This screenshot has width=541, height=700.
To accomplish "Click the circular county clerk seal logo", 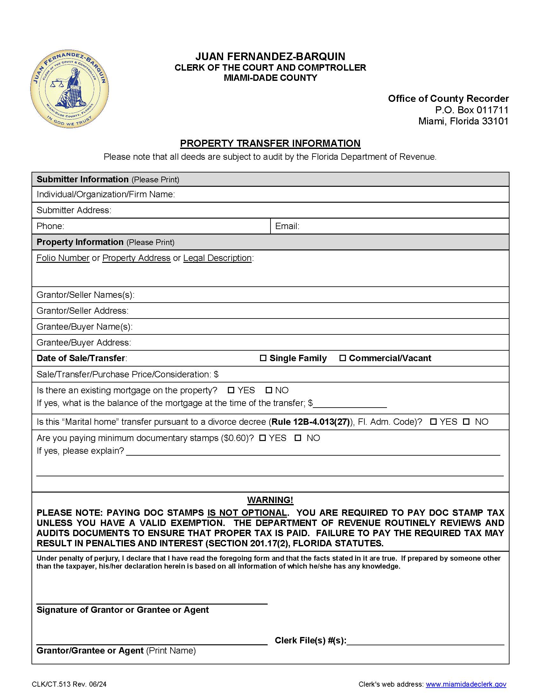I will point(70,89).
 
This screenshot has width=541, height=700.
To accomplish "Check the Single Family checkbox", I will point(263,358).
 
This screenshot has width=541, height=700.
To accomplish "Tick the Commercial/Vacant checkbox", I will point(342,358).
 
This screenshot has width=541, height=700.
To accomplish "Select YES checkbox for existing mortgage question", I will point(231,390).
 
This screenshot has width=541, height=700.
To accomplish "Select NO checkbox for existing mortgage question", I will point(269,390).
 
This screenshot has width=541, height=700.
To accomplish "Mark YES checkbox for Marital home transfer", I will point(433,422).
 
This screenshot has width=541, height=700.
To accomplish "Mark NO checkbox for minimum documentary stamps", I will point(298,438).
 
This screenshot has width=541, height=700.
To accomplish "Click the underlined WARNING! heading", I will point(270,500).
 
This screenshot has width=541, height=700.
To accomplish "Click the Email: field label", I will point(287,226).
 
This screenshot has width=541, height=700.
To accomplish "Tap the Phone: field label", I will point(50,226).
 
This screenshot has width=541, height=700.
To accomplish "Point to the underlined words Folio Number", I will point(63,258).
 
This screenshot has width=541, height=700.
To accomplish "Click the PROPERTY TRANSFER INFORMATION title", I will point(270,143).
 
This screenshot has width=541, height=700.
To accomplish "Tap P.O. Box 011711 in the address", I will point(471,110).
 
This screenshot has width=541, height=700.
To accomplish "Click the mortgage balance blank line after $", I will point(350,404).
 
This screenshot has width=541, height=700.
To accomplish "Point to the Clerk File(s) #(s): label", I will point(310,640).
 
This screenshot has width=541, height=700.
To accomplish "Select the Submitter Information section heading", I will point(82,179).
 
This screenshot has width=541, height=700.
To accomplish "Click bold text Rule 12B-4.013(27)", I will point(310,422).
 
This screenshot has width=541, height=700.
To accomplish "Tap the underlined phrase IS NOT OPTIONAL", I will point(247,513).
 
